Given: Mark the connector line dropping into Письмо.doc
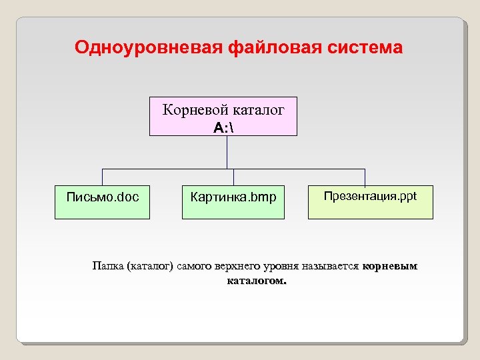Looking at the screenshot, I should click(102, 177).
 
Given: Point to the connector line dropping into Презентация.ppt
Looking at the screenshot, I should click(365, 177).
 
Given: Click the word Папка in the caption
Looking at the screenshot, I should click(107, 267).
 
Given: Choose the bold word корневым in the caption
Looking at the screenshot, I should click(390, 267).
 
